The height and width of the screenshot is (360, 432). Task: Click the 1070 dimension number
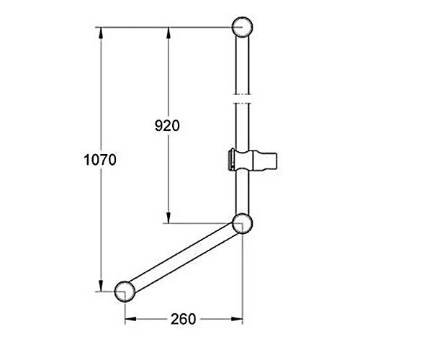pyautogui.click(x=100, y=160)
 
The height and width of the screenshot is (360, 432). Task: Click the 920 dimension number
pyautogui.click(x=167, y=125)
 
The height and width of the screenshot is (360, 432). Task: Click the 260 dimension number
pyautogui.click(x=183, y=319)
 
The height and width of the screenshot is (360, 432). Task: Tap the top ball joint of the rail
pyautogui.click(x=242, y=27)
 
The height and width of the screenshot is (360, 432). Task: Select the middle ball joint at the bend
pyautogui.click(x=242, y=223)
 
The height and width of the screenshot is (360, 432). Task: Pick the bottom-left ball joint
pyautogui.click(x=125, y=292)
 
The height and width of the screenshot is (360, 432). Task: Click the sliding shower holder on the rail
pyautogui.click(x=253, y=161)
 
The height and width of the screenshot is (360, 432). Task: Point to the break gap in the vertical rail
pyautogui.click(x=242, y=99)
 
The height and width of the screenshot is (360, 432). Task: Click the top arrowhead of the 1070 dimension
pyautogui.click(x=101, y=33)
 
